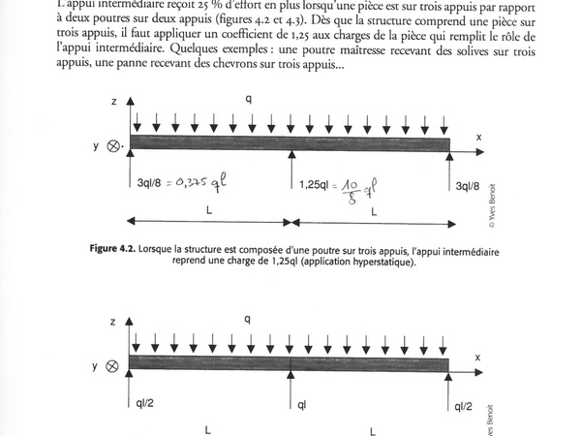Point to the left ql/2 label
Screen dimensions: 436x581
[143, 404]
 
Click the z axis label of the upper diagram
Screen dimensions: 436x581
[113, 100]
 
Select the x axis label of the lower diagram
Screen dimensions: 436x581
[476, 358]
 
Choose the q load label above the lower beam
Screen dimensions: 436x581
[248, 319]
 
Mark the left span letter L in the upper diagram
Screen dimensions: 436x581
[209, 209]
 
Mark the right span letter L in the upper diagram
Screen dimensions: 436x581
[374, 209]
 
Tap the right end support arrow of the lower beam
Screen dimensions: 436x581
[448, 391]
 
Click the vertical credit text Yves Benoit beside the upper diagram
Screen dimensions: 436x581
[492, 205]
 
